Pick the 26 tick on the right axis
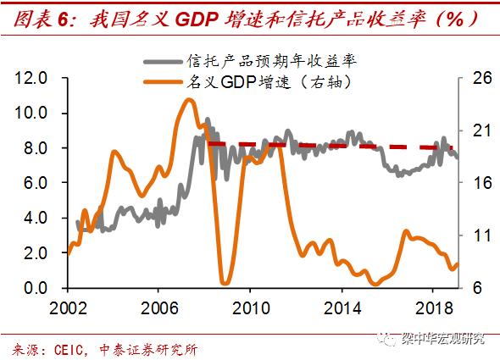477,78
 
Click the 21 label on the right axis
477,130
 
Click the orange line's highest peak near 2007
189,100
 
